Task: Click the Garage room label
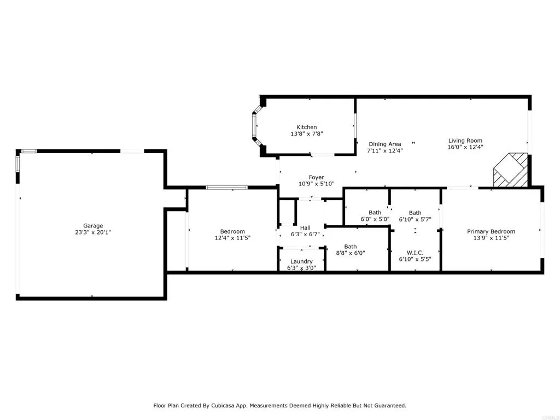coord(93,225)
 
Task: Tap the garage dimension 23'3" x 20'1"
coord(93,232)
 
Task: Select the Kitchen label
coord(306,127)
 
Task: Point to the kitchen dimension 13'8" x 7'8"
coord(306,133)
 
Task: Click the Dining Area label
coord(384,144)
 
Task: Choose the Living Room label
coord(465,140)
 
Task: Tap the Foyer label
coord(316,177)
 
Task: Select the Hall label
coord(305,227)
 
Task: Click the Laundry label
coord(301,261)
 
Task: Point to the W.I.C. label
coord(415,252)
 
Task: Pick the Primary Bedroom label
coord(491,231)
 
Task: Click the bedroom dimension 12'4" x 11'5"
coord(232,238)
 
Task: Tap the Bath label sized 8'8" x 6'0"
coord(351,247)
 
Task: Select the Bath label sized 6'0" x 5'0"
coord(375,213)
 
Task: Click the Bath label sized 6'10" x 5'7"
coord(415,213)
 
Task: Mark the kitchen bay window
coord(255,125)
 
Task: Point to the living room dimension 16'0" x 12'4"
coord(465,147)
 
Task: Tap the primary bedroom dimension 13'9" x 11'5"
coord(491,238)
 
